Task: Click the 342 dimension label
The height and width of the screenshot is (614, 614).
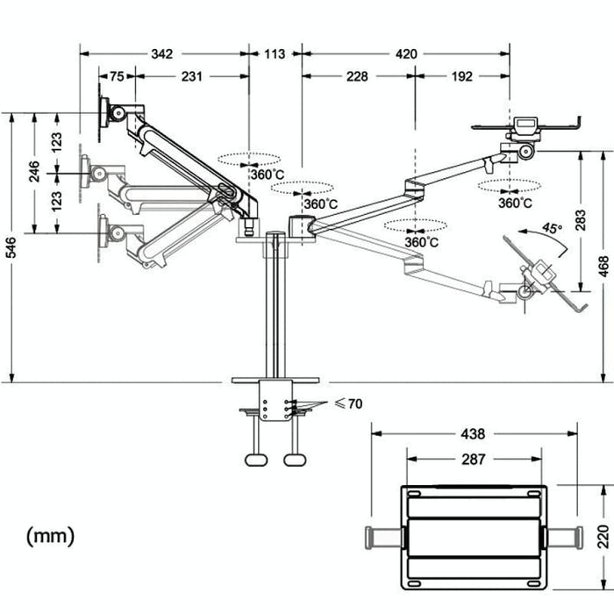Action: (161, 54)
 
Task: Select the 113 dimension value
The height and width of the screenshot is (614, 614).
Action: (274, 54)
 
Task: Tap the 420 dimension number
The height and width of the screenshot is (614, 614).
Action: (406, 54)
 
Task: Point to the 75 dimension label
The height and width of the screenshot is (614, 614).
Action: (117, 76)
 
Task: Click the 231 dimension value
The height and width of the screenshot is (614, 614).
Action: (192, 76)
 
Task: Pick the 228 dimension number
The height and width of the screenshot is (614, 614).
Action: (357, 76)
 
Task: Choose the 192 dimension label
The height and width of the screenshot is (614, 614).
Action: (462, 76)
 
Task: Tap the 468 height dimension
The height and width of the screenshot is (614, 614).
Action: (603, 264)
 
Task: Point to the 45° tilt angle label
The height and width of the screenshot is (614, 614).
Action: (551, 227)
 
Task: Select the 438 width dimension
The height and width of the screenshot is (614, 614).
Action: (474, 433)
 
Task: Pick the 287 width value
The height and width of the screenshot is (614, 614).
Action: (474, 459)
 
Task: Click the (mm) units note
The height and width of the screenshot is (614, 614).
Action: (51, 534)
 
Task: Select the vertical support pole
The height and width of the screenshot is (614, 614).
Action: (275, 307)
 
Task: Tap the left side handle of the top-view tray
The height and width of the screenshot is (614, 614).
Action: (383, 534)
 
